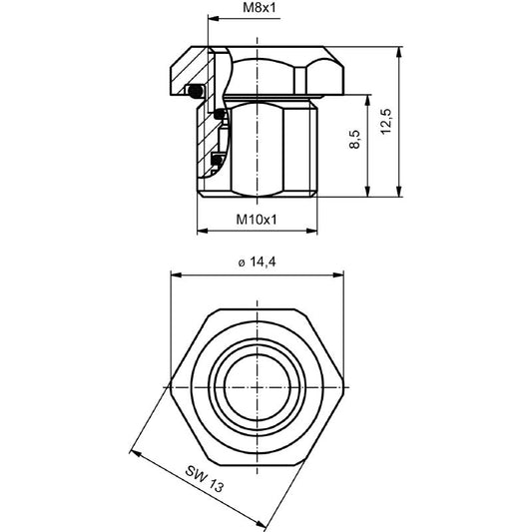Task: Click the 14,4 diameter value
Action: [x=264, y=262]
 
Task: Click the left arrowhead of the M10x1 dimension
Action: [x=204, y=231]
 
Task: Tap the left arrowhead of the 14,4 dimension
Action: [x=173, y=272]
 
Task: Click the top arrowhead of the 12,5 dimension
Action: [x=400, y=51]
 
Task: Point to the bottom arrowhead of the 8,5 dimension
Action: [x=369, y=193]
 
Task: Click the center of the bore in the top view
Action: [x=258, y=383]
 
